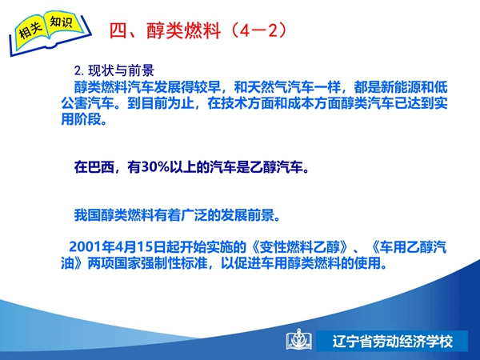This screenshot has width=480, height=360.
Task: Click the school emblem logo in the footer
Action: pyautogui.click(x=298, y=339)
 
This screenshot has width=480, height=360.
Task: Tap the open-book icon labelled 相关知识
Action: pyautogui.click(x=50, y=33)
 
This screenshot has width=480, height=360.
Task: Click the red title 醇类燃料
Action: pyautogui.click(x=183, y=30)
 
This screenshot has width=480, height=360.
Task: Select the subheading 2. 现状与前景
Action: pyautogui.click(x=114, y=70)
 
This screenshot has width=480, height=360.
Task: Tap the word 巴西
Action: pyautogui.click(x=94, y=167)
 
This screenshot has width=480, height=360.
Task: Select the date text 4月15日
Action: pyautogui.click(x=134, y=246)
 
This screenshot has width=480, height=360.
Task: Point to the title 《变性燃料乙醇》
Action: pyautogui.click(x=299, y=246)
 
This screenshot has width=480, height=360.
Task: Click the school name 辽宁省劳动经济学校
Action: pyautogui.click(x=393, y=342)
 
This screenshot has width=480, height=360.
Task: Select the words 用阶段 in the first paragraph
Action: pyautogui.click(x=81, y=119)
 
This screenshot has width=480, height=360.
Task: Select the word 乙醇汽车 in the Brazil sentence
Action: pyautogui.click(x=276, y=167)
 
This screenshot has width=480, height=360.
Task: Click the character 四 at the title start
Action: pyautogui.click(x=118, y=30)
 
